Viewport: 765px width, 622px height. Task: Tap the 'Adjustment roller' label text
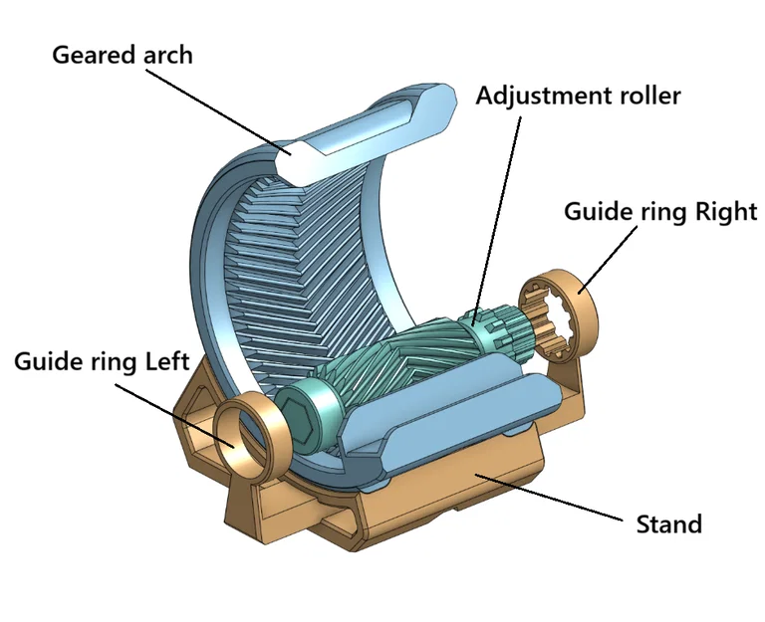click(577, 97)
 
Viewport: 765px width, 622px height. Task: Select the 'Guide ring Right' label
click(660, 211)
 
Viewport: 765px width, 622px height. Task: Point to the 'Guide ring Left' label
click(102, 360)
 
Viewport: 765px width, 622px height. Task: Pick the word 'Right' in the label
click(726, 211)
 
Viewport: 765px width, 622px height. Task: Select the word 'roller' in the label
click(646, 97)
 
